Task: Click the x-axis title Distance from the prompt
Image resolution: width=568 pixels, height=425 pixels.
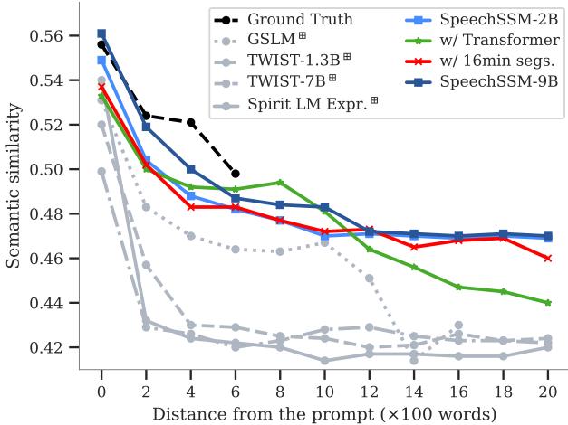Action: (324, 413)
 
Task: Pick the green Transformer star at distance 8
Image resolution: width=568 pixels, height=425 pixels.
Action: (280, 183)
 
